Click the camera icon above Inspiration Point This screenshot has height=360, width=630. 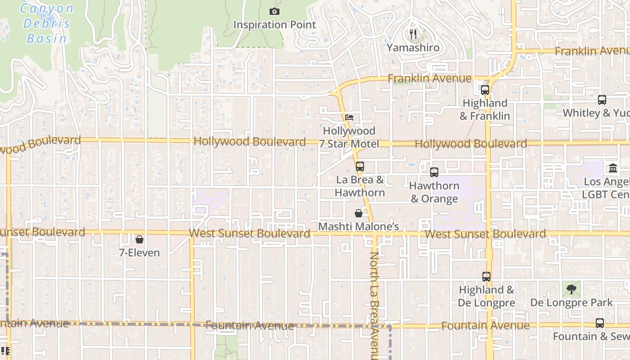274,11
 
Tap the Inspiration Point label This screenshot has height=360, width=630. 274,25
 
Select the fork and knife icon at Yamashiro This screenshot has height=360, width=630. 414,34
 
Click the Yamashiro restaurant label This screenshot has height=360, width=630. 413,47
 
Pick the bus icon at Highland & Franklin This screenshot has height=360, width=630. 485,90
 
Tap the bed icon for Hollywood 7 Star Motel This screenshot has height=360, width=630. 349,117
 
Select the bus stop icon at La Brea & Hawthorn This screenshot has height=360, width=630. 360,166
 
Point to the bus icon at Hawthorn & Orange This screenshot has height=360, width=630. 434,172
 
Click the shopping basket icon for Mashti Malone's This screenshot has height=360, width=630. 359,213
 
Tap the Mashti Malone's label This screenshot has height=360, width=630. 359,226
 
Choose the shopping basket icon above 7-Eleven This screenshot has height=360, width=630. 139,239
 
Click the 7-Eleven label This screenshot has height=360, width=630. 139,253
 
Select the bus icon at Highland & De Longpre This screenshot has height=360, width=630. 486,276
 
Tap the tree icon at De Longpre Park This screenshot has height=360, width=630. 571,289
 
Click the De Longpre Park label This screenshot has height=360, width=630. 571,302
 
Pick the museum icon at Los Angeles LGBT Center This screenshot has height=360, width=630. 612,168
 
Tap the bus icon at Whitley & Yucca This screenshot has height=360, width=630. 602,99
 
